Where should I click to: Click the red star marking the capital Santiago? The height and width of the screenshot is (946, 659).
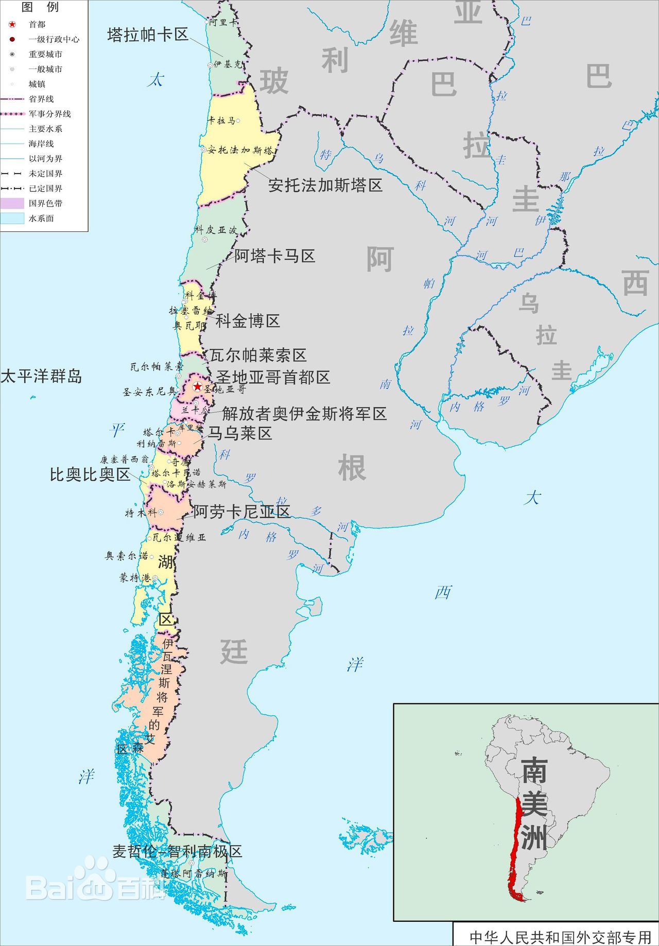coord(197,386)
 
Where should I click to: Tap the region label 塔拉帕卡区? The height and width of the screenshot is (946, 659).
coord(148,35)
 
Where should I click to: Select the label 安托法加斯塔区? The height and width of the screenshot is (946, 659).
coord(325,185)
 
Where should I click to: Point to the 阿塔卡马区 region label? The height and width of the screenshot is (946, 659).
coord(274,256)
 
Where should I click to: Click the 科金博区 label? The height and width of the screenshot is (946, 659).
coord(248,321)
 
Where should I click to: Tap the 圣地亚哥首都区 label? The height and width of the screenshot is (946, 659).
coord(273,378)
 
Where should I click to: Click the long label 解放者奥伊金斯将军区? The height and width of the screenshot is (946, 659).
coord(304,414)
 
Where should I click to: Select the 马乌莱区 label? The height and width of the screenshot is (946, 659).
coord(239,433)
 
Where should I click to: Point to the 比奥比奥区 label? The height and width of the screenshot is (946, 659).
coord(90,475)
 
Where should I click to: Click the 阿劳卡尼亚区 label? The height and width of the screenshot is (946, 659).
coord(241,512)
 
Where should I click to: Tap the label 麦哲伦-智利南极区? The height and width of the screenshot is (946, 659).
coord(177,851)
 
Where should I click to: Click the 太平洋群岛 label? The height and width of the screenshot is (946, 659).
coord(41,377)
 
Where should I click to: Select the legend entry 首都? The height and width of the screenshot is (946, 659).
coord(37,24)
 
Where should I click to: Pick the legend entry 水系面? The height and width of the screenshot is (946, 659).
coord(41,218)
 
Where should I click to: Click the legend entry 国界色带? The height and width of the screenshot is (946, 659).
coord(45,204)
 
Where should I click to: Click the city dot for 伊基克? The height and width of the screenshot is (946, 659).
coord(210,65)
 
